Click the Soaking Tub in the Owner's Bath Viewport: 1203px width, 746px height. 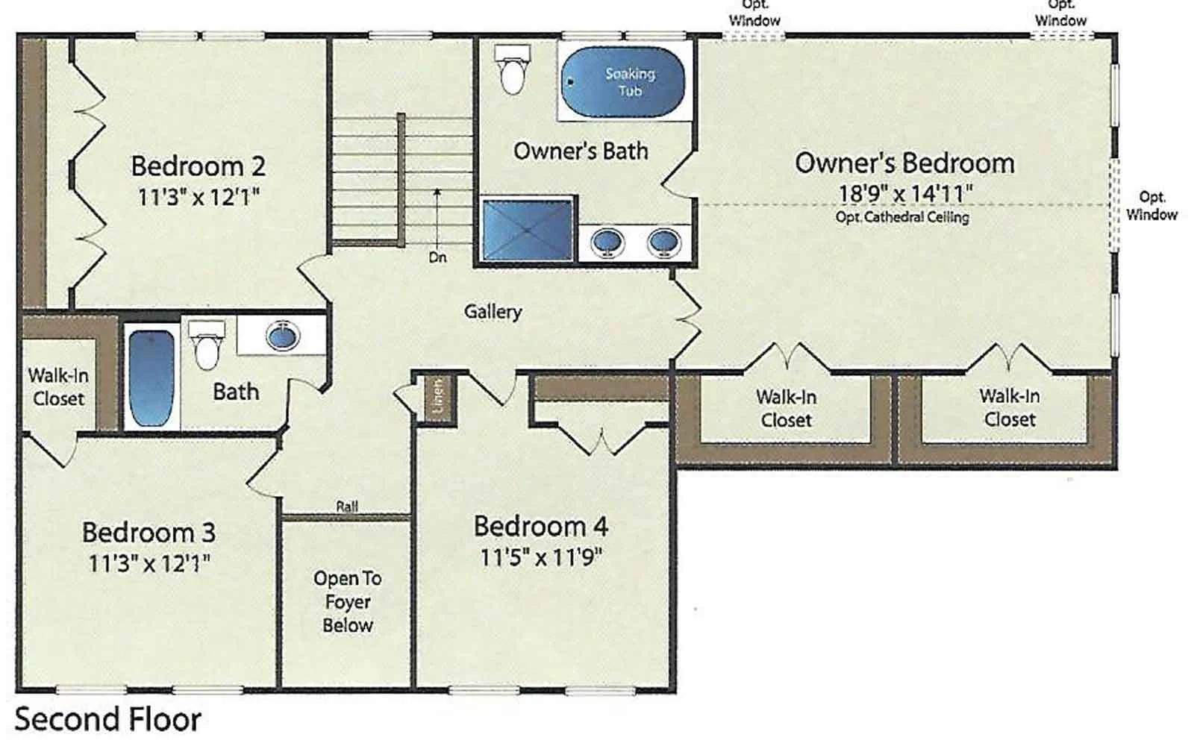click(x=623, y=81)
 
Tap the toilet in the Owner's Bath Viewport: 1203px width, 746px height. click(x=512, y=69)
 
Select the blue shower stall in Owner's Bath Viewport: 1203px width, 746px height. click(x=528, y=231)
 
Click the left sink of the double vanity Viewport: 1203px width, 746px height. click(x=607, y=242)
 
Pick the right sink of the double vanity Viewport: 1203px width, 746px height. click(x=664, y=242)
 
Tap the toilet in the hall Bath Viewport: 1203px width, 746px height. click(x=207, y=345)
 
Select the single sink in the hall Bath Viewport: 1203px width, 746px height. click(x=283, y=336)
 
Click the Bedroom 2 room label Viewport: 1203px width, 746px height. click(x=199, y=166)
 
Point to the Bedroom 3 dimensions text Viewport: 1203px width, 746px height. click(x=149, y=563)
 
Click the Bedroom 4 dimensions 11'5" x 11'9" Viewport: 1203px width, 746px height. click(x=541, y=557)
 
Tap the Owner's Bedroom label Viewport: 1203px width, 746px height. click(x=904, y=163)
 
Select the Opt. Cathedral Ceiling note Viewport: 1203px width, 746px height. click(x=902, y=217)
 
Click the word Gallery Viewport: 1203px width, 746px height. click(x=493, y=312)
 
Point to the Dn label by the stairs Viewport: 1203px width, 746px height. click(x=438, y=257)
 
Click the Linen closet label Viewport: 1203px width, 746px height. click(x=438, y=392)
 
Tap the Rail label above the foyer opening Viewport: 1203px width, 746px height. click(x=347, y=506)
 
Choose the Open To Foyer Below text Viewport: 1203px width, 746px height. click(x=348, y=601)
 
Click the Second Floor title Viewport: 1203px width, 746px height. click(x=107, y=720)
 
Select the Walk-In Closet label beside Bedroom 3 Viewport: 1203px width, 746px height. click(x=58, y=387)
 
